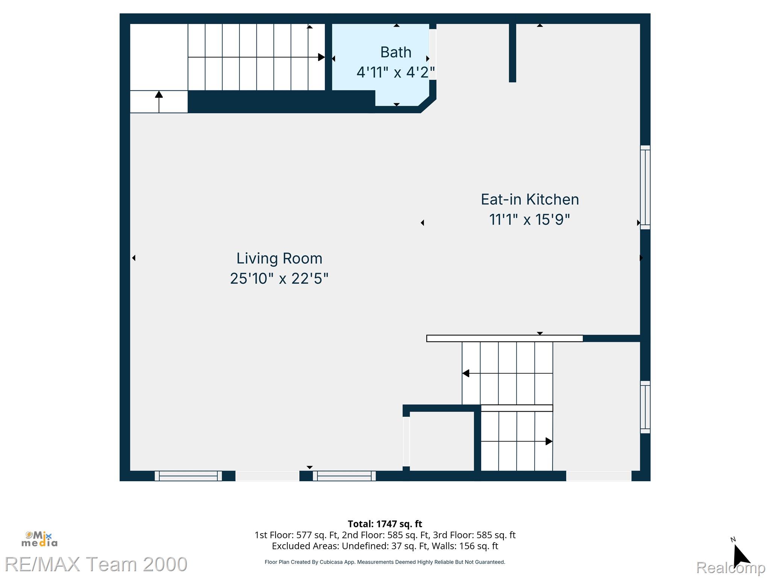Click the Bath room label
396,52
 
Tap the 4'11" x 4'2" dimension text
396,72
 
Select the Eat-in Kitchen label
530,199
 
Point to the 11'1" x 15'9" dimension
529,219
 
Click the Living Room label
279,259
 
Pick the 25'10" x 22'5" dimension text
279,279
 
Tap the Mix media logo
39,539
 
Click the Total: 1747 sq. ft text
385,524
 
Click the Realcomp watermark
731,567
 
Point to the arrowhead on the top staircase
321,57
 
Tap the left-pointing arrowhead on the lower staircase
466,373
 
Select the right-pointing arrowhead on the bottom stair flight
549,441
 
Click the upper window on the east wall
645,187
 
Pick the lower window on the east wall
645,407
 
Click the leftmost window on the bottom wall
188,476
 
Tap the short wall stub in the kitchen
512,53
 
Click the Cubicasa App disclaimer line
385,562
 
